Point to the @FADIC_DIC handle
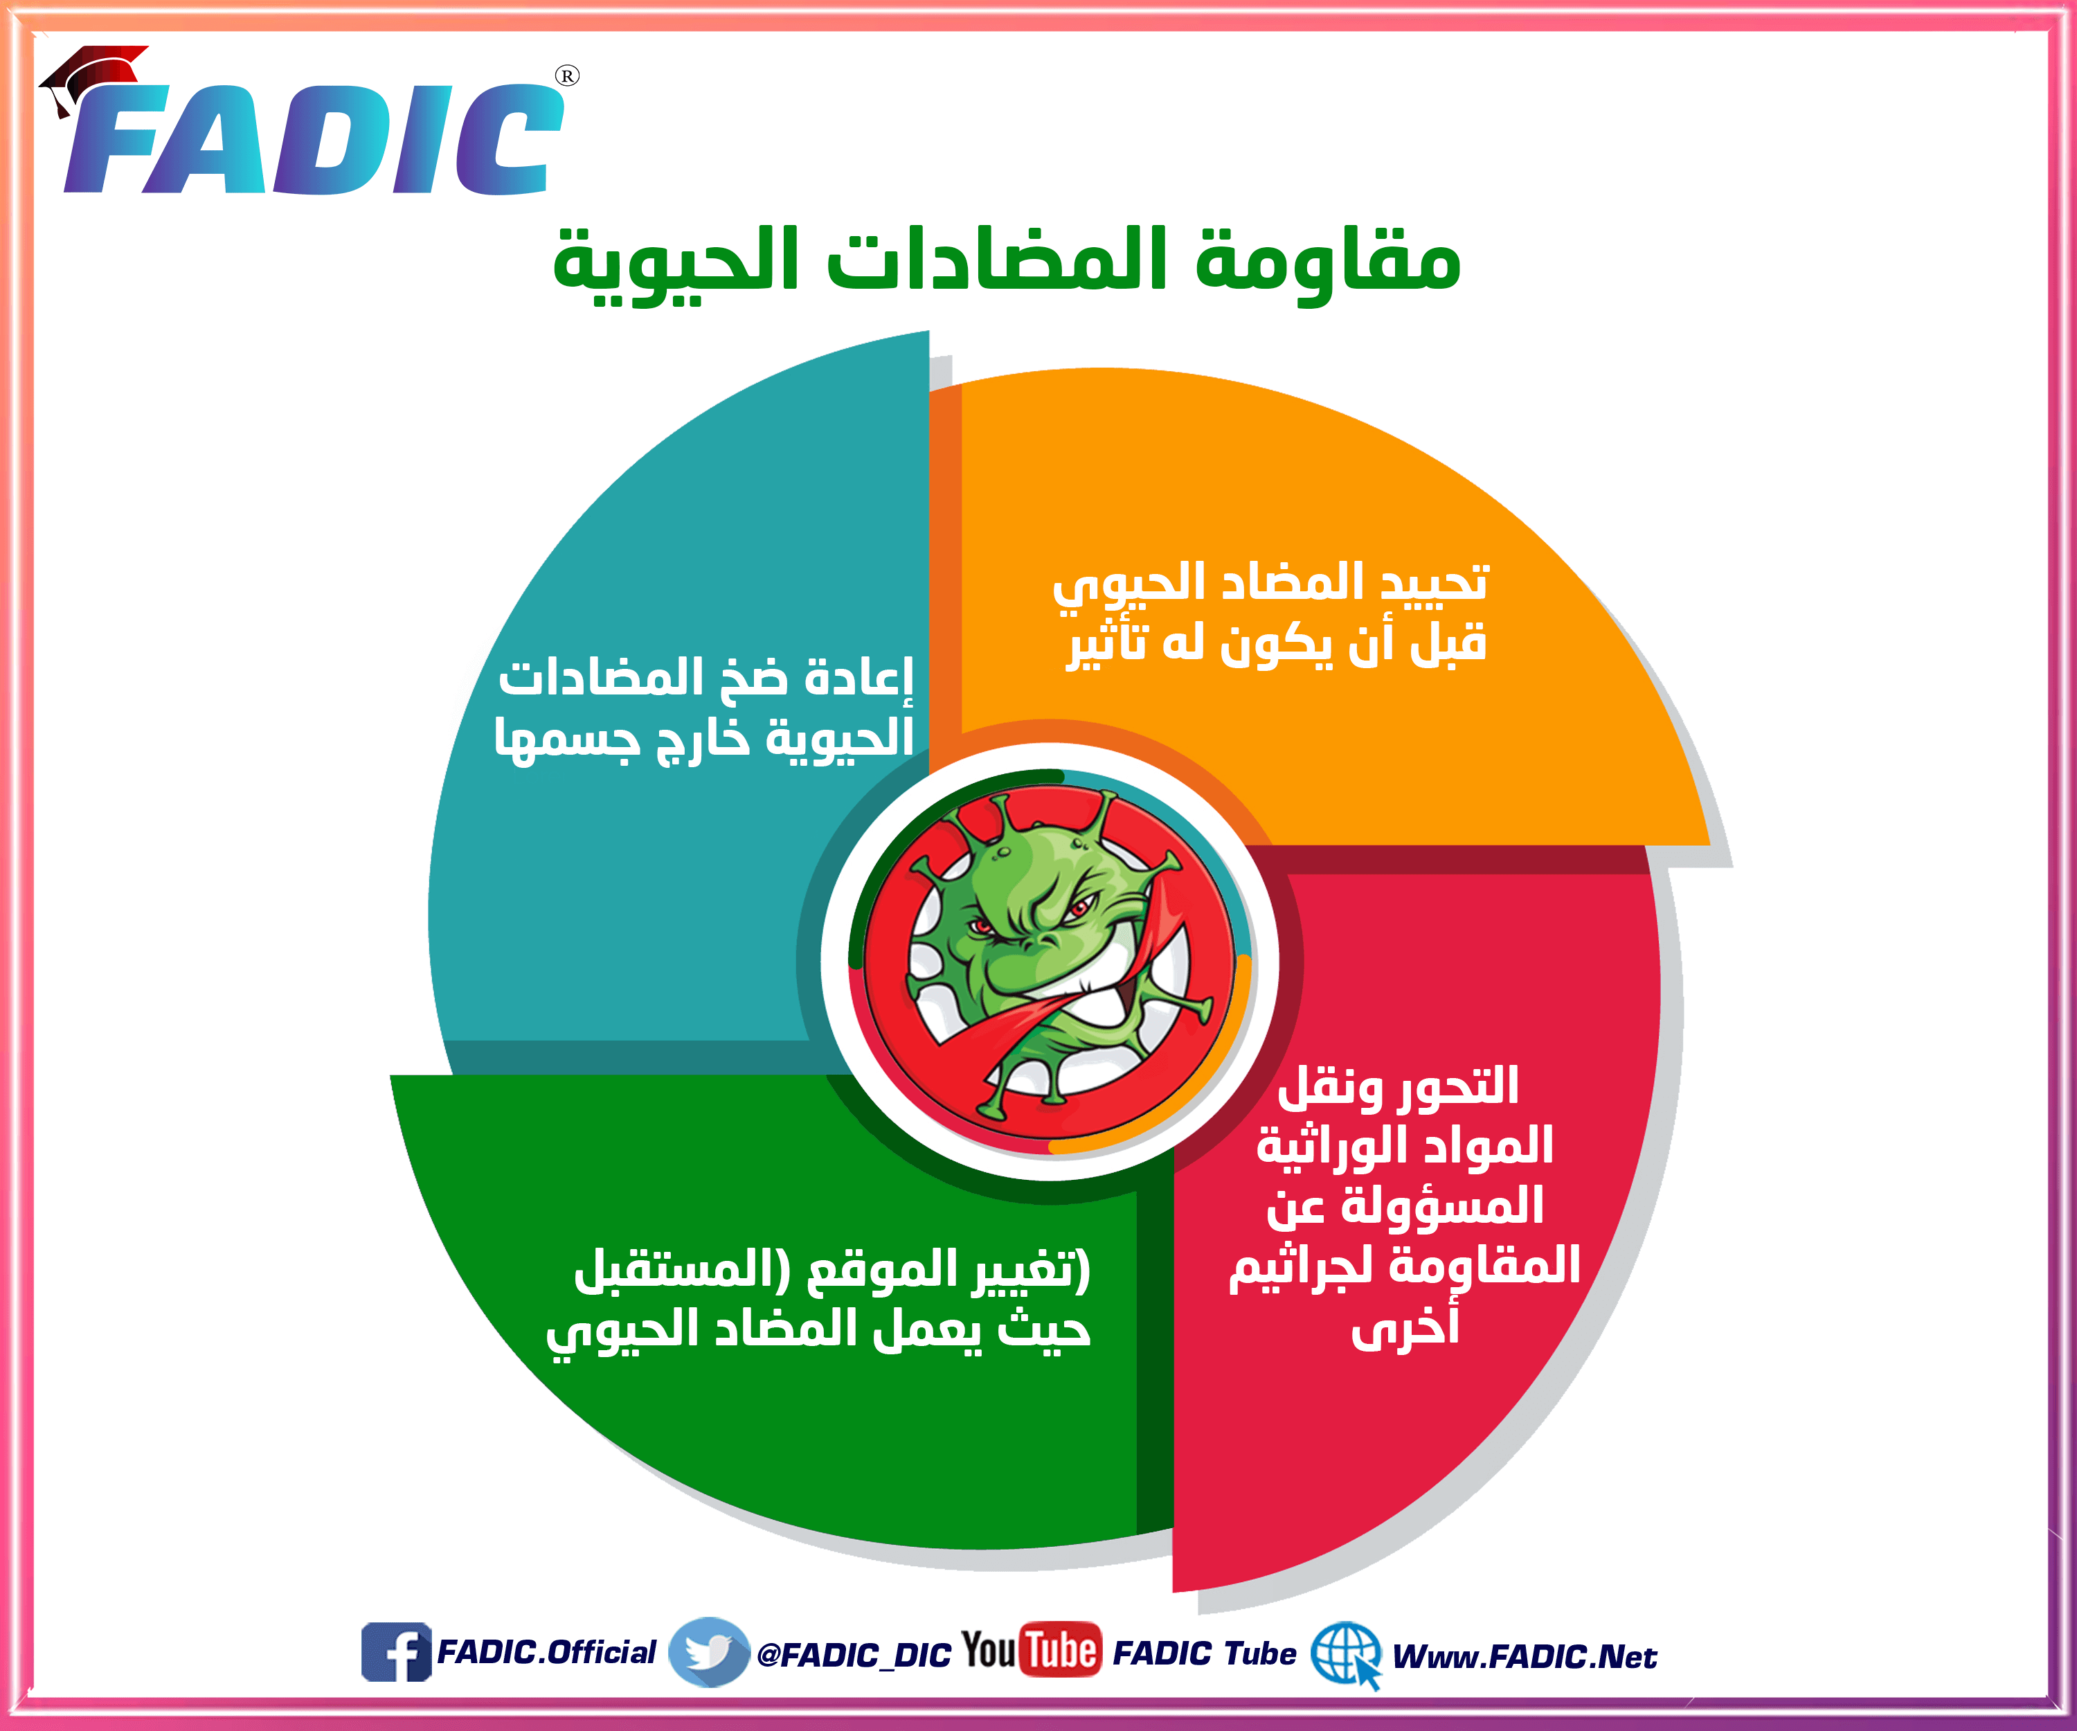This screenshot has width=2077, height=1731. pyautogui.click(x=854, y=1655)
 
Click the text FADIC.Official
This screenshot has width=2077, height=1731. pyautogui.click(x=546, y=1652)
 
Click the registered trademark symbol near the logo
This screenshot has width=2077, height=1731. pyautogui.click(x=567, y=76)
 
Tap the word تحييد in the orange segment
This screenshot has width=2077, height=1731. pyautogui.click(x=1433, y=582)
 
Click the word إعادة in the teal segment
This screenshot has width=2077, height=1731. pyautogui.click(x=858, y=678)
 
